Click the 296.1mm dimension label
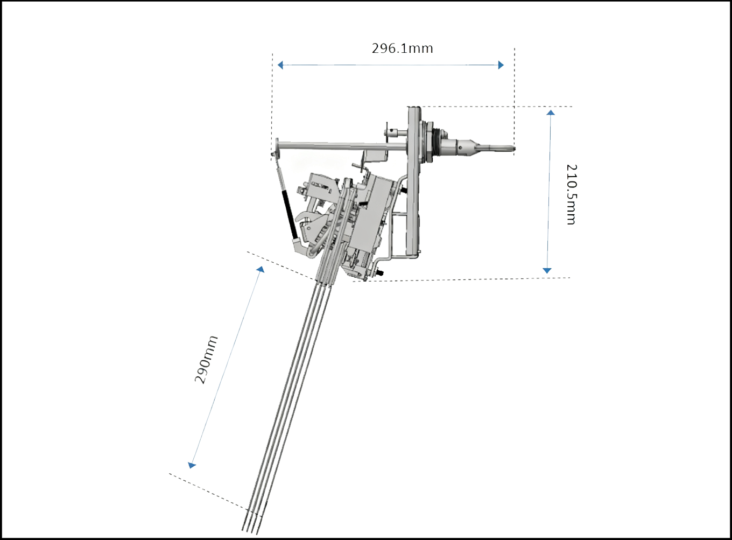(402, 48)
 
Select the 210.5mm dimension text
(572, 194)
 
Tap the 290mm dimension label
(206, 360)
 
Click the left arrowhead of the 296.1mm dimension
(280, 65)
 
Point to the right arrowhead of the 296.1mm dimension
(501, 65)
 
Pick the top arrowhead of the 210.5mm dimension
(551, 113)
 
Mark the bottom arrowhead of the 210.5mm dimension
(547, 270)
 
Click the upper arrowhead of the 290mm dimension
(261, 269)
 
